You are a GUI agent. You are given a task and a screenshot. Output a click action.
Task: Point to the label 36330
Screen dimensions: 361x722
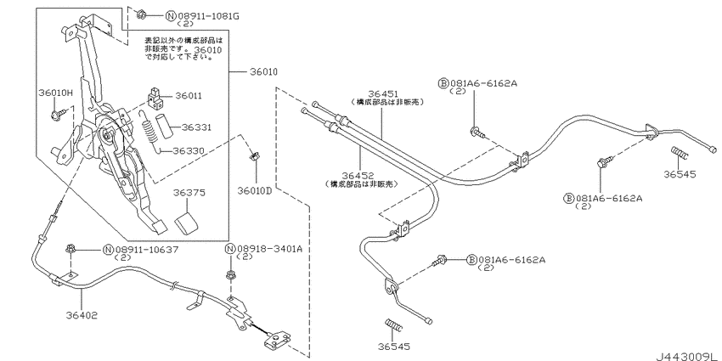coord(191,150)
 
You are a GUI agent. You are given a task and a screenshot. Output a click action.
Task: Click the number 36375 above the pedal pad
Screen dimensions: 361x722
coord(190,193)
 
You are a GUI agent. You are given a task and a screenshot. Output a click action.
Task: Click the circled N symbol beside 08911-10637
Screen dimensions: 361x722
coord(108,249)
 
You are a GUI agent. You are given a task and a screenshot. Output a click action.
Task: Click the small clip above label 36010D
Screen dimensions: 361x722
coord(254,156)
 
